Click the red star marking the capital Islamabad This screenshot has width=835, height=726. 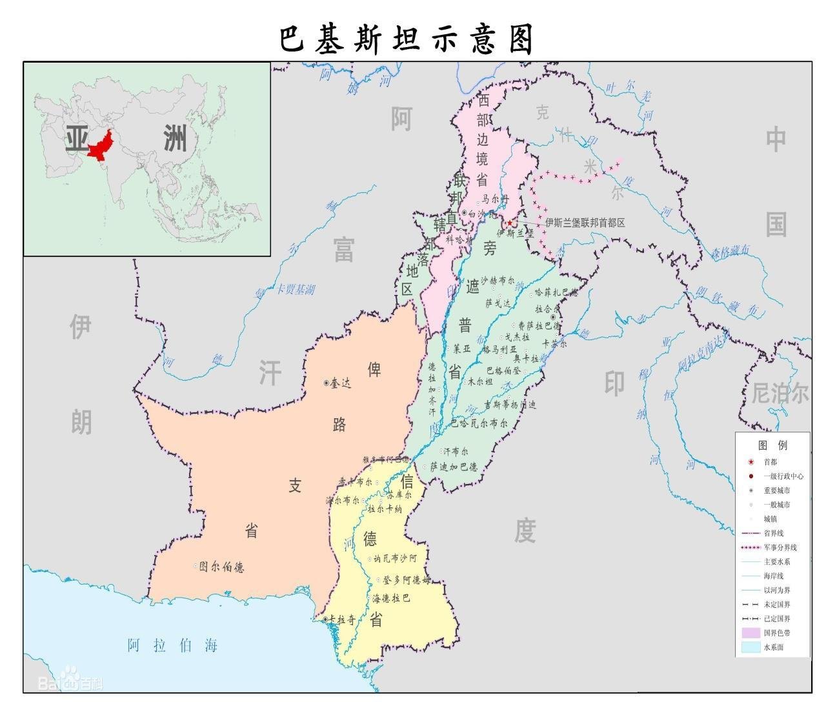point(509,223)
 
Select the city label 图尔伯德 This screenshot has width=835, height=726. point(222,567)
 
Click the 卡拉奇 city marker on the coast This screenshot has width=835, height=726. point(325,620)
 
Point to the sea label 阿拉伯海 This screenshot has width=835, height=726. point(172,645)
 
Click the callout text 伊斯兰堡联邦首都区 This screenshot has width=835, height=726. point(585,223)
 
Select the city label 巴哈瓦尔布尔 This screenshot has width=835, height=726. point(479,423)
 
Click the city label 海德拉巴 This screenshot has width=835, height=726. point(390,598)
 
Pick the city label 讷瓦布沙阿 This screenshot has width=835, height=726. point(396,558)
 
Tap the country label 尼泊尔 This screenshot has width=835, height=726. point(780,393)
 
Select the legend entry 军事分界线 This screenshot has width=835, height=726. point(780,547)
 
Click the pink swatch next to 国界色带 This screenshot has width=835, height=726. point(751,632)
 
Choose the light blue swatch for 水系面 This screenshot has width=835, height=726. point(751,647)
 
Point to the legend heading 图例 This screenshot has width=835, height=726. point(772,445)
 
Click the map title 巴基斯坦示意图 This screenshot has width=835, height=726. point(407,39)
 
